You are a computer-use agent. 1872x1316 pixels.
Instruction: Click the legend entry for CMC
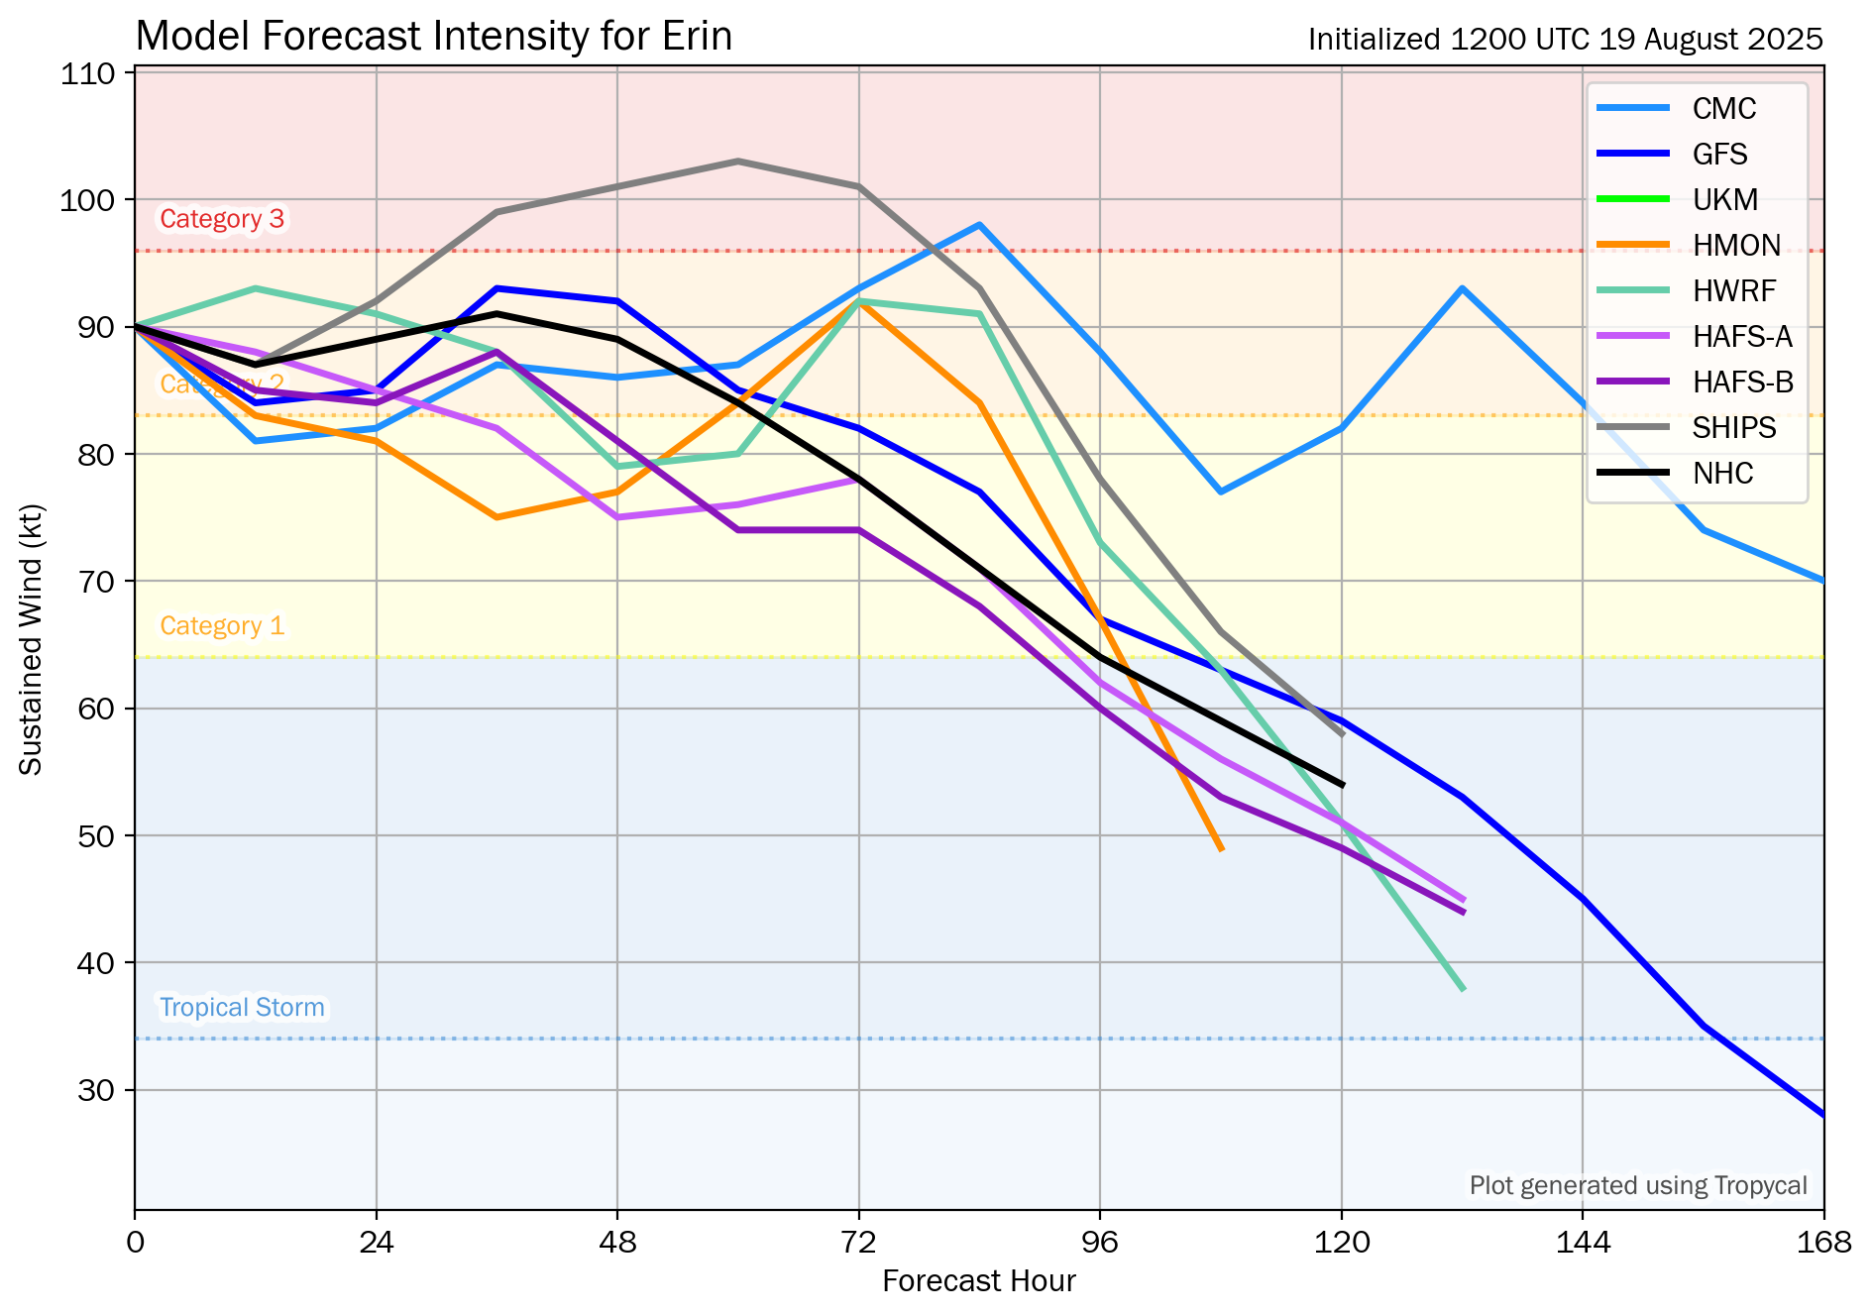click(1723, 108)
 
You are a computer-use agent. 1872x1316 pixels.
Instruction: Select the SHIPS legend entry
click(1733, 427)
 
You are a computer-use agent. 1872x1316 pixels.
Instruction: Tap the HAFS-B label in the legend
click(1742, 382)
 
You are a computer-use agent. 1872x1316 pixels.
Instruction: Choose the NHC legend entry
click(1722, 473)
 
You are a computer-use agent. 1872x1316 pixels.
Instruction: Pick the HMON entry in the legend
click(1736, 245)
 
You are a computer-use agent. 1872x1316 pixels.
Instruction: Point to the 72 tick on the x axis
click(859, 1242)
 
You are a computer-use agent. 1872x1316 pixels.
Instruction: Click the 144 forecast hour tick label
click(1583, 1242)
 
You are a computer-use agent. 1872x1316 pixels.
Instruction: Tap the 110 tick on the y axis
click(87, 73)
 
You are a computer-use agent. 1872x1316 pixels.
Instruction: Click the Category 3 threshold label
click(222, 219)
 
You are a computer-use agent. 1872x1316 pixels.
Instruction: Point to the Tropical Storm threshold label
click(242, 1008)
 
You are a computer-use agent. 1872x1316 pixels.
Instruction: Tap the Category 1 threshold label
click(222, 626)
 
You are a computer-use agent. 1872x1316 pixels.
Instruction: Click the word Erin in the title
click(699, 37)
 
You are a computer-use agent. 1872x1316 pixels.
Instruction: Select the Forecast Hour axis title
click(979, 1281)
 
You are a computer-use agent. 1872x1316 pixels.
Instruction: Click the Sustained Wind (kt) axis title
click(32, 640)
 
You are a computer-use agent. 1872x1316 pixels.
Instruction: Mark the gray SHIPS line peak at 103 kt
click(738, 162)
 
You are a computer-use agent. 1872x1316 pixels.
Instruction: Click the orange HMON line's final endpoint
click(1222, 849)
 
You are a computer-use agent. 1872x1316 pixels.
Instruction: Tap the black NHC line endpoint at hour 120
click(1342, 785)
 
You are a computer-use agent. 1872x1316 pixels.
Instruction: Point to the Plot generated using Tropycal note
click(1638, 1186)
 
